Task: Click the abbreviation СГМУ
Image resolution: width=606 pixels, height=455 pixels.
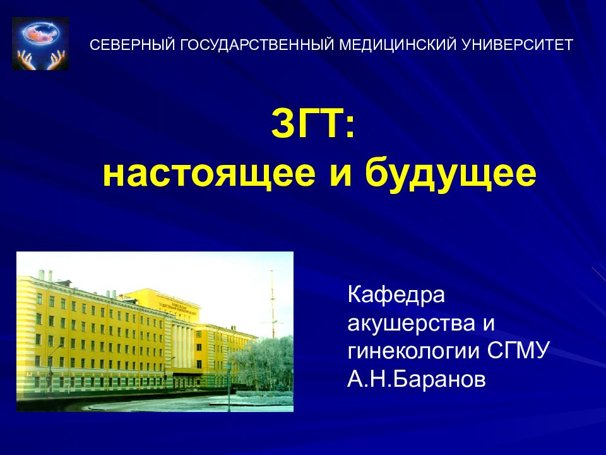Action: (520, 351)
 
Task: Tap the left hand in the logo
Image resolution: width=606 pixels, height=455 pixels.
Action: (27, 59)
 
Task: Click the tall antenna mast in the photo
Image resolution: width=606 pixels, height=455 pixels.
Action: (273, 303)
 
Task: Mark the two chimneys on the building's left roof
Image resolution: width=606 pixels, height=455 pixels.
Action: (45, 275)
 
